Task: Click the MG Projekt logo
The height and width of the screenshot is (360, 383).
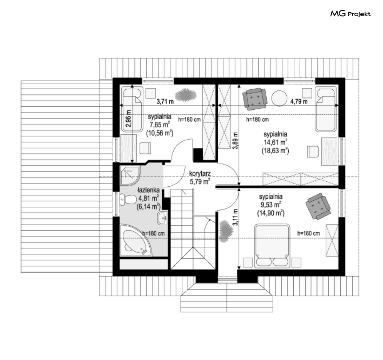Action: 350,14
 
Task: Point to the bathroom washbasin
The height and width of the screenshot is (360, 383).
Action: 162,218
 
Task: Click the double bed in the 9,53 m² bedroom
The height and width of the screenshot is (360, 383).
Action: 272,246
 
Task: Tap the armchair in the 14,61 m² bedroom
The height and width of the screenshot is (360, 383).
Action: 254,98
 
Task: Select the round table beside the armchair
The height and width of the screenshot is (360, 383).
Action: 279,98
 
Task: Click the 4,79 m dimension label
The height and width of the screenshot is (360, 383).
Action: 299,101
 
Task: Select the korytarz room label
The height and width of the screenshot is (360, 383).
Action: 200,174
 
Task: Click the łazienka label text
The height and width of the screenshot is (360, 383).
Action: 148,190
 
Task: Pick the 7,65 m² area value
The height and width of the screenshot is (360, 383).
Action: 159,125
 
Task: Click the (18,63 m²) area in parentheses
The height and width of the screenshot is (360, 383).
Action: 275,151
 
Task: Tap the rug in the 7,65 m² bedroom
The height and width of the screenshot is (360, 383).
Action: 186,95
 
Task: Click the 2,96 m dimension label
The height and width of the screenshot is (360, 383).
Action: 129,118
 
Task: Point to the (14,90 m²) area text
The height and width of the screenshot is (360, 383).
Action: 271,213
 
